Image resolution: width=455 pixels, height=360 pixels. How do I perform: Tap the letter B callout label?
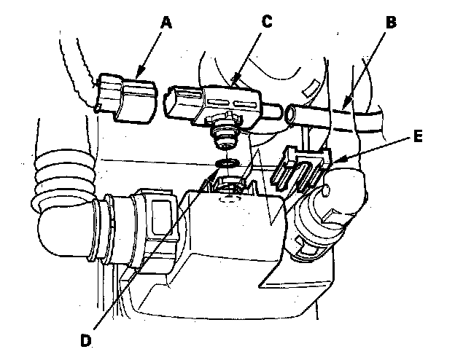[x=391, y=23]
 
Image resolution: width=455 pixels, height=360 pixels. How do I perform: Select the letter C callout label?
[x=265, y=21]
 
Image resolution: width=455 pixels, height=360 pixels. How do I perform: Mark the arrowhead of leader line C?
[x=233, y=78]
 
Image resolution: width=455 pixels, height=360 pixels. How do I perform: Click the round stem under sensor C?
[x=224, y=135]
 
